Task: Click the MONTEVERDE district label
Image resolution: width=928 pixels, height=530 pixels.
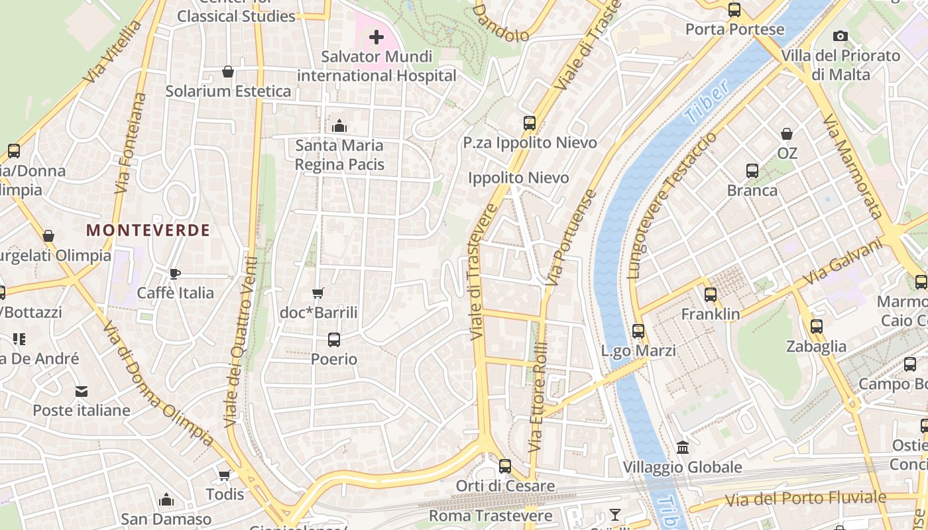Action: [x=148, y=230]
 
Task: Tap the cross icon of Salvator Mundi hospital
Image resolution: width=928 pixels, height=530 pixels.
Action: [x=377, y=37]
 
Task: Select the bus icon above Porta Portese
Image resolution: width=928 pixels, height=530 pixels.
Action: [x=734, y=10]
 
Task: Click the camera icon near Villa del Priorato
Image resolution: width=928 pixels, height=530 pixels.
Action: [x=841, y=36]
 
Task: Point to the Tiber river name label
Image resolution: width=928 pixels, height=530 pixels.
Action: [x=707, y=101]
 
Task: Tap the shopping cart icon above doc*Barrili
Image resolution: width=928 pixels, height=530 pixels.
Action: [x=318, y=293]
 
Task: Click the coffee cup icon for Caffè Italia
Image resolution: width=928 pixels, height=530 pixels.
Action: [x=175, y=273]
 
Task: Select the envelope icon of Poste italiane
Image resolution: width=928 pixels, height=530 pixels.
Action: [x=81, y=391]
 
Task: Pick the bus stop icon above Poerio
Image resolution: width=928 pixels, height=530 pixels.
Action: [x=334, y=340]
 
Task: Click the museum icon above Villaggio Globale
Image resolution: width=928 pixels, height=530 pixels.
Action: [x=683, y=447]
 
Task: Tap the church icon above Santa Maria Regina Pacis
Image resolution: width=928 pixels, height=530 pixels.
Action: [x=339, y=125]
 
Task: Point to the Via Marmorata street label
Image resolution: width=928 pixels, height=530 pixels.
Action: [x=852, y=166]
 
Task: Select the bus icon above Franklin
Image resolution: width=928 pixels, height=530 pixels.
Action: [x=711, y=294]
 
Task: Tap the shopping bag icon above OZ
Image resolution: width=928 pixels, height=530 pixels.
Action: [x=787, y=134]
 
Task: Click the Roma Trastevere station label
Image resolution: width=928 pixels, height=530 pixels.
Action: [x=491, y=515]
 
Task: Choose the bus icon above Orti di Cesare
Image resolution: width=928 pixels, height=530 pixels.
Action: [x=505, y=466]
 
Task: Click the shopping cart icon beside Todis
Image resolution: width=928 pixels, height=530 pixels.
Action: [x=225, y=475]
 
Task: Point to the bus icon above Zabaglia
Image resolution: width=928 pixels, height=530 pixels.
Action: [x=817, y=327]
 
